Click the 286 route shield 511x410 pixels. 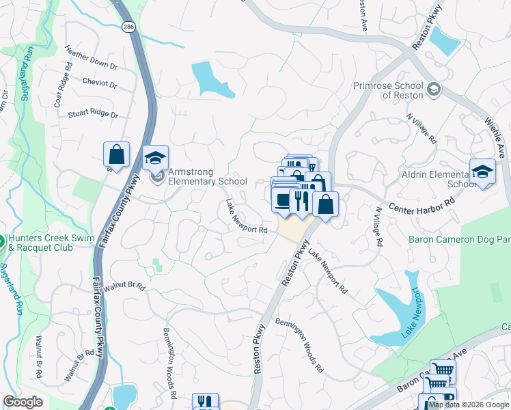pos(128,27)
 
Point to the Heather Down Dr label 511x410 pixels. pos(90,58)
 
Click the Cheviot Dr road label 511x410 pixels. pos(100,83)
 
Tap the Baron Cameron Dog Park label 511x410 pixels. pos(459,239)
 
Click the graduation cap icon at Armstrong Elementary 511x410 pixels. pos(156,159)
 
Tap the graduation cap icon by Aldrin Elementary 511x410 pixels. pos(482,172)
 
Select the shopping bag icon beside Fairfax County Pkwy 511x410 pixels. pos(117,155)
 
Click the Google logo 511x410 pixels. pos(23,402)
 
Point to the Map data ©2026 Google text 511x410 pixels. pos(469,405)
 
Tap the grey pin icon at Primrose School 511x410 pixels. pos(433,90)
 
